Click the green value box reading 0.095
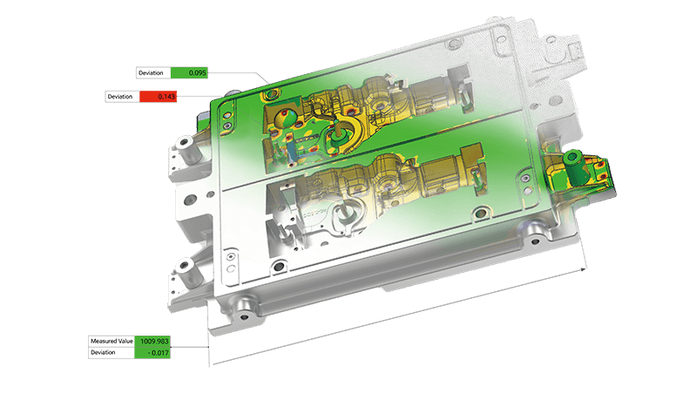(x=189, y=73)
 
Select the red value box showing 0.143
(x=158, y=97)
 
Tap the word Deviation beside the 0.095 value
(x=151, y=73)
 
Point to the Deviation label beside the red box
(x=120, y=97)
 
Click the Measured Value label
(x=112, y=341)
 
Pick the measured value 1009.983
(x=152, y=341)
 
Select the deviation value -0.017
(x=152, y=353)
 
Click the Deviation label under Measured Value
(x=103, y=353)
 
